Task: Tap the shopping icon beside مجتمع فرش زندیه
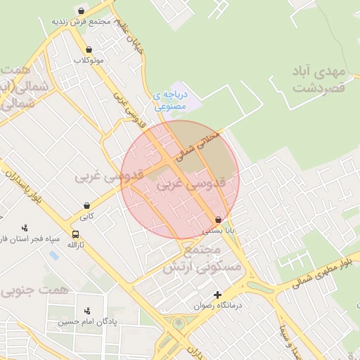pyautogui.click(x=82, y=11)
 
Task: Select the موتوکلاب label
pyautogui.click(x=89, y=60)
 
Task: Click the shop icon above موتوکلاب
pyautogui.click(x=89, y=50)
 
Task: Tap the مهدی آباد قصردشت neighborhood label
pyautogui.click(x=319, y=79)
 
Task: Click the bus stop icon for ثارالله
pyautogui.click(x=75, y=235)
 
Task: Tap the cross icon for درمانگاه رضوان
pyautogui.click(x=217, y=295)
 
